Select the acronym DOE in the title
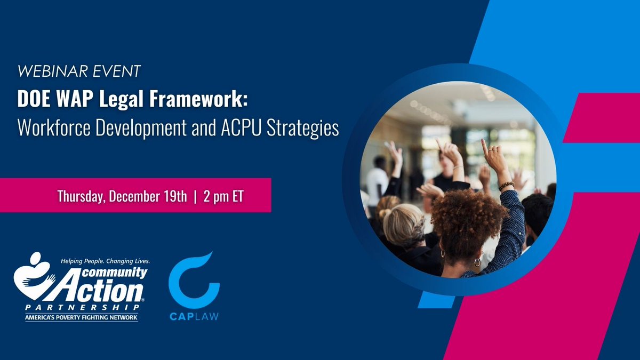click(34, 99)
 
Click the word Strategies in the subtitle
click(303, 129)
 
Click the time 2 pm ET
click(223, 196)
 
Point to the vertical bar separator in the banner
click(195, 197)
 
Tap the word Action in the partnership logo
click(101, 290)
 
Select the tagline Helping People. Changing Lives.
click(105, 261)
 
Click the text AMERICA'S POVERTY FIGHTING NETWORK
click(82, 317)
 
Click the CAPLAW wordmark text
click(194, 317)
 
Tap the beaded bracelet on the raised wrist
click(506, 186)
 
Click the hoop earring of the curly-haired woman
click(477, 262)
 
